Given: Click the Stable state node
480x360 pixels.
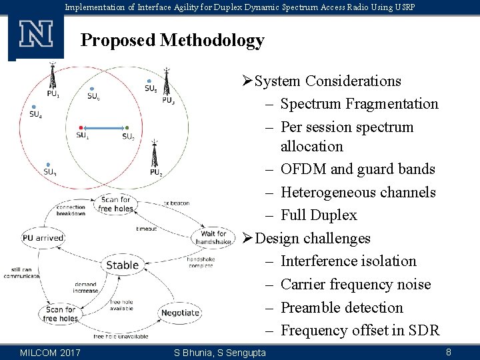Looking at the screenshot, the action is click(x=123, y=265).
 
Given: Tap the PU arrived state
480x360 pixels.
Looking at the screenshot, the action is click(x=43, y=237).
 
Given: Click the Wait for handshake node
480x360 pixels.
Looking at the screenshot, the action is click(x=213, y=237).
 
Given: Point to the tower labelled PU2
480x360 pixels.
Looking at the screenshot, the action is click(x=155, y=154).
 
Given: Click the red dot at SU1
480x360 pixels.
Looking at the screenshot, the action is click(x=81, y=127).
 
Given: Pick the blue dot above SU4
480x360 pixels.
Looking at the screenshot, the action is click(x=32, y=106).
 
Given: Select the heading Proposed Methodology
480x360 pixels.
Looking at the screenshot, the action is click(x=172, y=41).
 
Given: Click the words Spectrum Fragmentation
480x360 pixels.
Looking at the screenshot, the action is click(x=359, y=104).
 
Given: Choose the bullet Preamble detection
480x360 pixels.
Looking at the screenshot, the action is click(x=342, y=307).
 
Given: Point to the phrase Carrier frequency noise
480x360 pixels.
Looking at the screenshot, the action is click(x=355, y=285).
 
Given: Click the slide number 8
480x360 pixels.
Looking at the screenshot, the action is click(x=449, y=351).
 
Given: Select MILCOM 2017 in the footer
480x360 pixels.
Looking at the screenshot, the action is click(x=51, y=352).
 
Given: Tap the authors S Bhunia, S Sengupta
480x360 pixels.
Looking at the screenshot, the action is click(x=219, y=352).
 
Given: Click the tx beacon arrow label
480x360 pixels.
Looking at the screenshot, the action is click(x=176, y=203).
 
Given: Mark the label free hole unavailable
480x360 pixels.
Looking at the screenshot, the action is click(x=120, y=337).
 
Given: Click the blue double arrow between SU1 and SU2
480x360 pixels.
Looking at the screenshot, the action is click(x=104, y=127).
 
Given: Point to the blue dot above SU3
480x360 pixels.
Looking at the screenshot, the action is click(x=48, y=164).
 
